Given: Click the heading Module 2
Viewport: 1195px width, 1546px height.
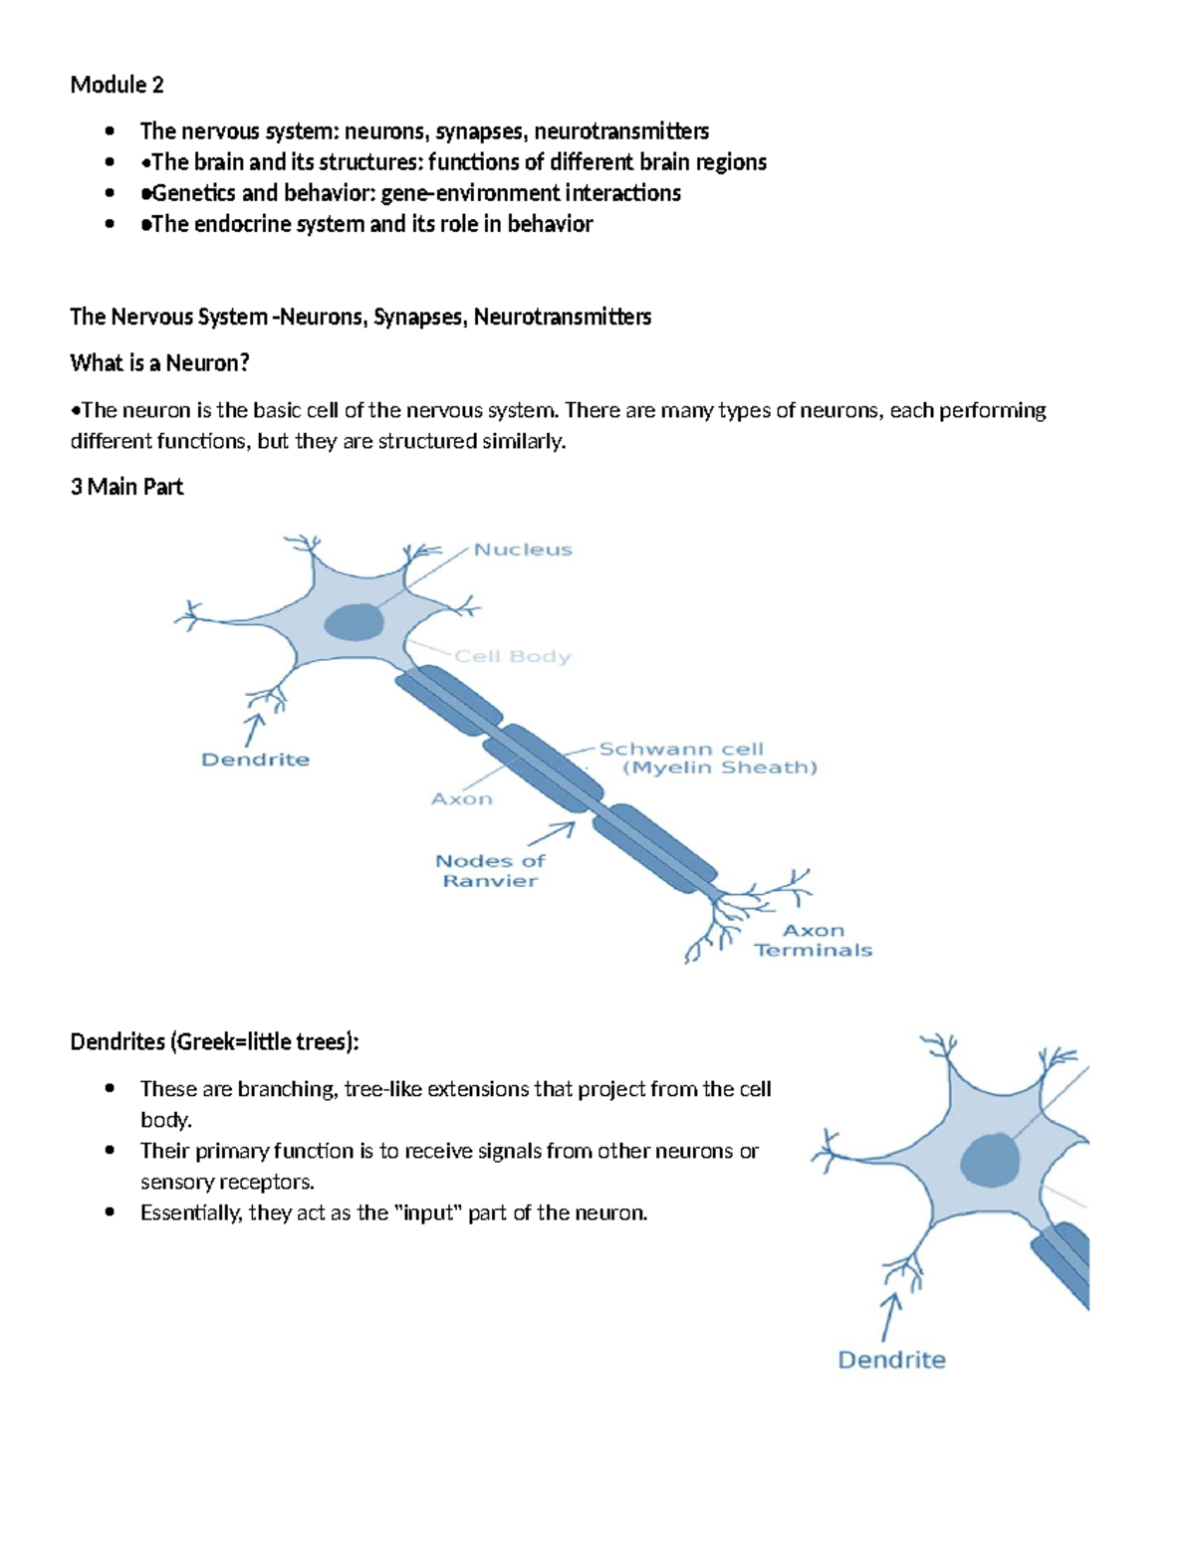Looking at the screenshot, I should pyautogui.click(x=117, y=85).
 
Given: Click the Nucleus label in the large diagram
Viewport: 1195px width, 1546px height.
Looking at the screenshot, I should pyautogui.click(x=523, y=550).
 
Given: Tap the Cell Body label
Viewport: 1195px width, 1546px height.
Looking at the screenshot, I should pyautogui.click(x=513, y=657).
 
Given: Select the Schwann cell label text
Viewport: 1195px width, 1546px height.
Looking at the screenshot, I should pyautogui.click(x=681, y=750).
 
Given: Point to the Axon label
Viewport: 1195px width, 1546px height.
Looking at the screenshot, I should pyautogui.click(x=461, y=799).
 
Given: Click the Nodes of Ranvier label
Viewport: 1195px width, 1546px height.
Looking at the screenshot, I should pyautogui.click(x=490, y=871).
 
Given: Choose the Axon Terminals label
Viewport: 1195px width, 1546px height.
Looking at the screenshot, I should pyautogui.click(x=814, y=941).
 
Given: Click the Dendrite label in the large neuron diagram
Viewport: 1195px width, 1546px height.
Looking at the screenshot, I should pyautogui.click(x=255, y=760).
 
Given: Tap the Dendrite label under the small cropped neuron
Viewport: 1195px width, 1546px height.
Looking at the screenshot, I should pyautogui.click(x=891, y=1360).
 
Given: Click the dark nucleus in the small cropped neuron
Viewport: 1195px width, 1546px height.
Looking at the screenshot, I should pyautogui.click(x=991, y=1160).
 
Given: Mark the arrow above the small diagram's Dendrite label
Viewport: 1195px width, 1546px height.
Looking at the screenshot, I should pyautogui.click(x=889, y=1316).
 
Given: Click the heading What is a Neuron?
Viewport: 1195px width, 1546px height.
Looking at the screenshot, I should pyautogui.click(x=159, y=363).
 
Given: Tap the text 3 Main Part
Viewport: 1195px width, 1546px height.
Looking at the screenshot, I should pyautogui.click(x=126, y=487).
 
